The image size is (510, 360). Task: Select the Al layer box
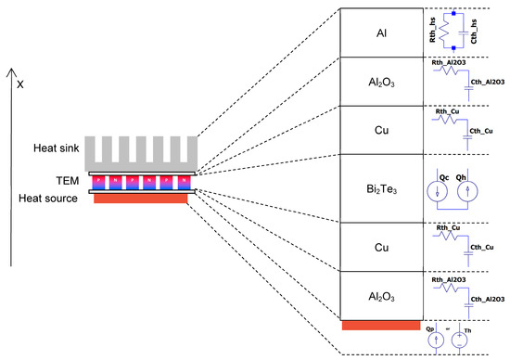point(382,32)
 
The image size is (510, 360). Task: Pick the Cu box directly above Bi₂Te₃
point(382,129)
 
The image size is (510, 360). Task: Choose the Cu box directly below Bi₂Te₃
point(382,249)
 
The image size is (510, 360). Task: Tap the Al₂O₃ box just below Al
point(382,81)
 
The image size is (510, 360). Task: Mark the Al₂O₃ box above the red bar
point(382,296)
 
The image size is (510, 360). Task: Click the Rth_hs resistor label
point(435,32)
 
